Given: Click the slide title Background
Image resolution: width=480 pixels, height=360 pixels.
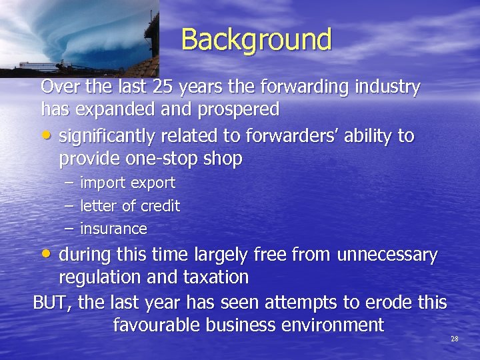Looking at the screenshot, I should (x=256, y=39).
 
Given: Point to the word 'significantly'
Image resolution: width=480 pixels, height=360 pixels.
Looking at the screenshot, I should (x=115, y=137).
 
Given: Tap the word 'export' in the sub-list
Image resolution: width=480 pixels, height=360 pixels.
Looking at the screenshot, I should (x=153, y=183).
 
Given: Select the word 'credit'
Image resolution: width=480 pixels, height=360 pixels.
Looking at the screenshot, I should (x=161, y=206).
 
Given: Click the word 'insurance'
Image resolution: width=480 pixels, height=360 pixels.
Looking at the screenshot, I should (x=113, y=229).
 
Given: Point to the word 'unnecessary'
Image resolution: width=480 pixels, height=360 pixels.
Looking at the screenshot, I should (x=387, y=255).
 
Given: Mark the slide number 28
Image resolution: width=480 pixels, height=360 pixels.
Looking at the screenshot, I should (x=455, y=339).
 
